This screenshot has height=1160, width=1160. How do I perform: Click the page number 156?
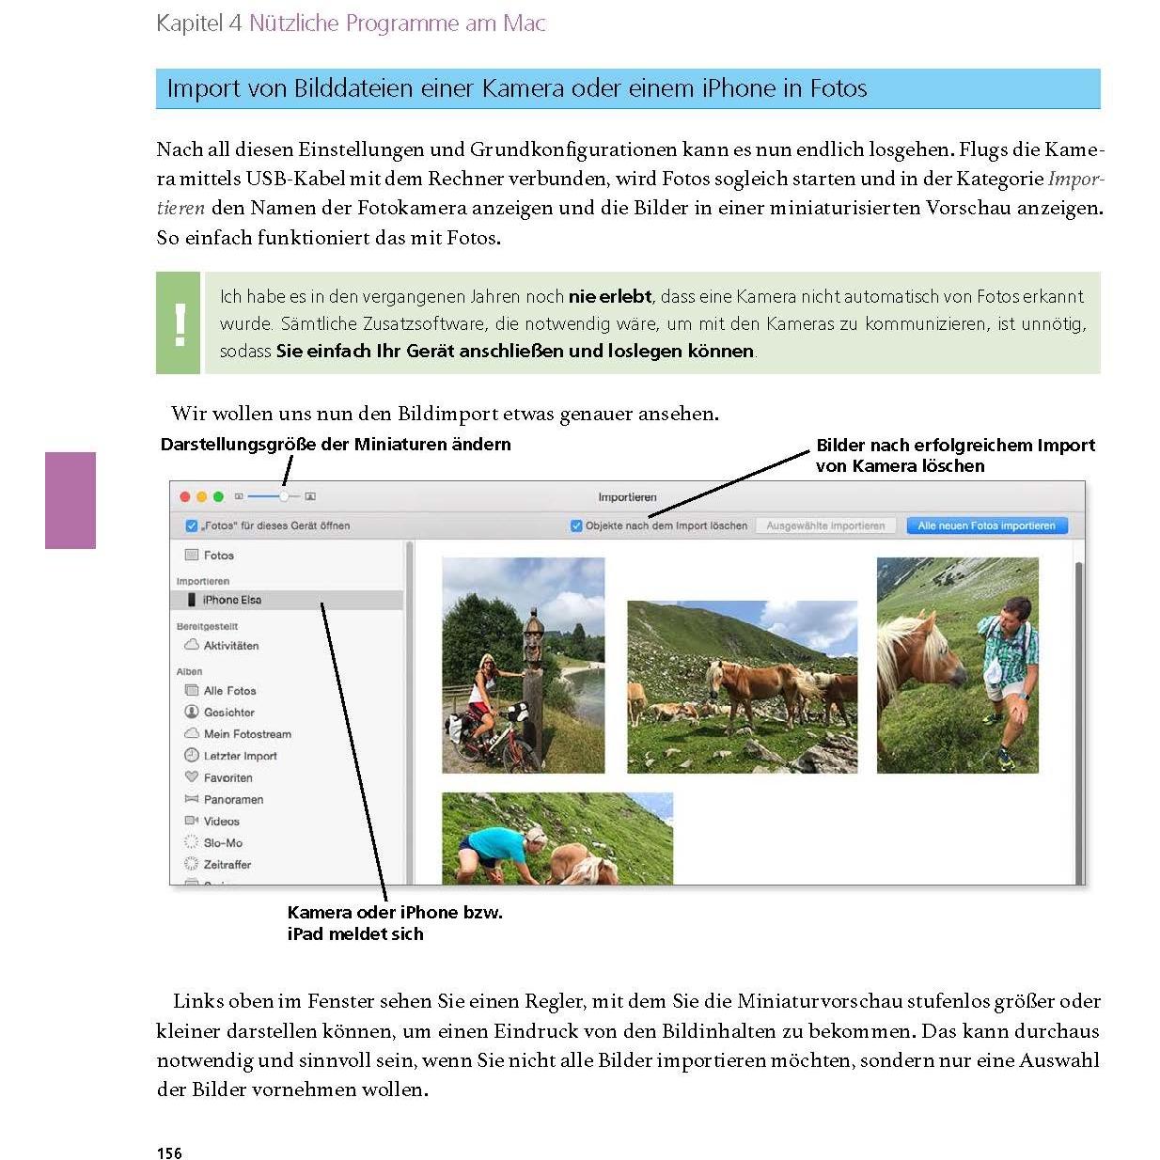(169, 1152)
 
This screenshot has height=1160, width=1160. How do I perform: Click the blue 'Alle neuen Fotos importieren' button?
(986, 525)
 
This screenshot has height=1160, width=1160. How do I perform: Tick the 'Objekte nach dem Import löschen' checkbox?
(576, 525)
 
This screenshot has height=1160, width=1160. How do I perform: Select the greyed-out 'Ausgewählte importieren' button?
(825, 525)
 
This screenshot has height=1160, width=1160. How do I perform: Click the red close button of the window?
(185, 496)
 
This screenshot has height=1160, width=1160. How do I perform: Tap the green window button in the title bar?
(219, 496)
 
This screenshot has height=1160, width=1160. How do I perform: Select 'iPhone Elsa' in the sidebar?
(231, 600)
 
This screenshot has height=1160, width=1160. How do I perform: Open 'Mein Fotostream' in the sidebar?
(246, 734)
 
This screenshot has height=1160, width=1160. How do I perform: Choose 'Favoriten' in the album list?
(227, 777)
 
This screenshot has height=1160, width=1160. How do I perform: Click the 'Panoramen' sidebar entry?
(233, 799)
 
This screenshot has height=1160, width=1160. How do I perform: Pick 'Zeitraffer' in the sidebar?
(227, 864)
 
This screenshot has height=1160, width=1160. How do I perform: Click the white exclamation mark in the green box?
(180, 324)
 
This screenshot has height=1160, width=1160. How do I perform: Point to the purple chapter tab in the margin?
(71, 500)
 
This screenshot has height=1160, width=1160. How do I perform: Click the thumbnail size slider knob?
(284, 496)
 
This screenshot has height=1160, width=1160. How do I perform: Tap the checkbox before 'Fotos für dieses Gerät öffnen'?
(192, 525)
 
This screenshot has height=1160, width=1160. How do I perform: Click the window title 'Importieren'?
(627, 496)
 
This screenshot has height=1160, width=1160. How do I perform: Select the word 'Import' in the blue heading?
(203, 88)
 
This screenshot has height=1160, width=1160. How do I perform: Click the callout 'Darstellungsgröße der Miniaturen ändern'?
(336, 445)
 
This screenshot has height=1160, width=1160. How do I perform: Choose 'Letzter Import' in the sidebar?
(240, 756)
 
